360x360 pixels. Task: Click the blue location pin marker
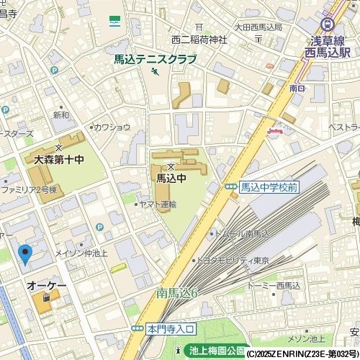click(25, 254)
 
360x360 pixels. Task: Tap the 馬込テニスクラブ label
click(155, 60)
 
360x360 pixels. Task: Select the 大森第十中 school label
click(55, 158)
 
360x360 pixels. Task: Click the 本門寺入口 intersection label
click(170, 328)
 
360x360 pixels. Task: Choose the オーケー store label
click(47, 286)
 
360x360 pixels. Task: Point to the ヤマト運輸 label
click(158, 204)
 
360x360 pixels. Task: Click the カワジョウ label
click(112, 127)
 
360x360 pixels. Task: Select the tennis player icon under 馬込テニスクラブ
click(154, 72)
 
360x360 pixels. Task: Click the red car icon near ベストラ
click(275, 131)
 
